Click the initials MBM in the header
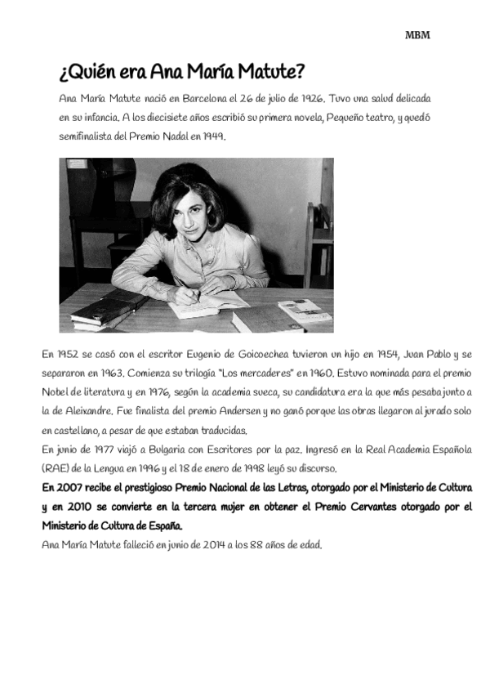pyautogui.click(x=417, y=36)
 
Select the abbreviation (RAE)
pyautogui.click(x=59, y=468)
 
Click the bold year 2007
pyautogui.click(x=73, y=487)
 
